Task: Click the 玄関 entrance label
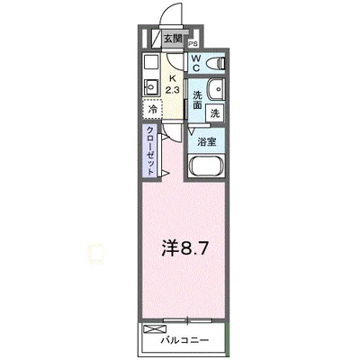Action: pyautogui.click(x=175, y=39)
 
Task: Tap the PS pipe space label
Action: pyautogui.click(x=193, y=41)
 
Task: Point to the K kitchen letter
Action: pyautogui.click(x=174, y=78)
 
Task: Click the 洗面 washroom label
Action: pyautogui.click(x=195, y=99)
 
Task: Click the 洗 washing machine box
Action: pyautogui.click(x=215, y=113)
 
